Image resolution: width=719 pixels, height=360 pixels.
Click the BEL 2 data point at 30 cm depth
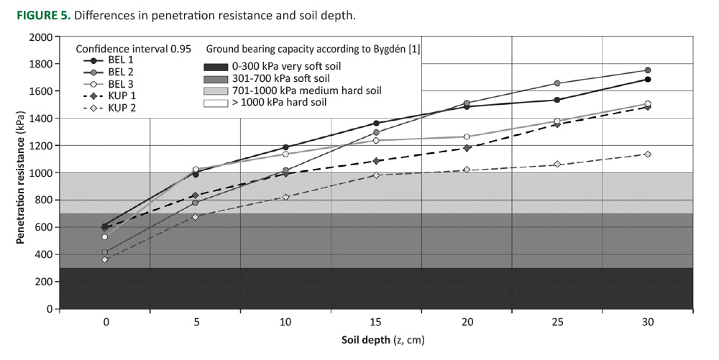click(648, 70)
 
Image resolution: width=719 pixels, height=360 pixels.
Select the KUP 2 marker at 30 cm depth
click(648, 154)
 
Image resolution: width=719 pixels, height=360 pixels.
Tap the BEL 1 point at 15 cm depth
click(376, 124)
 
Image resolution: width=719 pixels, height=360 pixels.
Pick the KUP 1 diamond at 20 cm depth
click(467, 148)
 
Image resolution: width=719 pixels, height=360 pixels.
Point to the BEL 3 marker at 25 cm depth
click(557, 121)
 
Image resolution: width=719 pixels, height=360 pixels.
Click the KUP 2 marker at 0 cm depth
click(105, 259)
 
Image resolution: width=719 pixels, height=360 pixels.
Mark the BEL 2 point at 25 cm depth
click(557, 83)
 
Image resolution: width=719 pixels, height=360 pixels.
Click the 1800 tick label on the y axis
click(41, 64)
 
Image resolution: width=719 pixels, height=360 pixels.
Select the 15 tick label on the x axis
click(376, 323)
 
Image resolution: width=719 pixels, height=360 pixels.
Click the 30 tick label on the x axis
click(648, 323)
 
